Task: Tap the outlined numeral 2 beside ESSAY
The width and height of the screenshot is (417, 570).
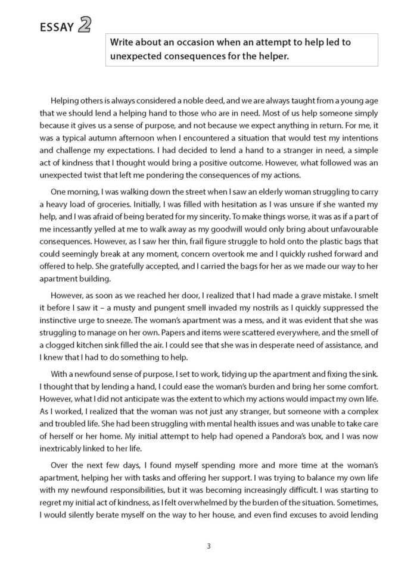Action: pos(85,24)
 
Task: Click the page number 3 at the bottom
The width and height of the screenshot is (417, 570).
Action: pos(209,546)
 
